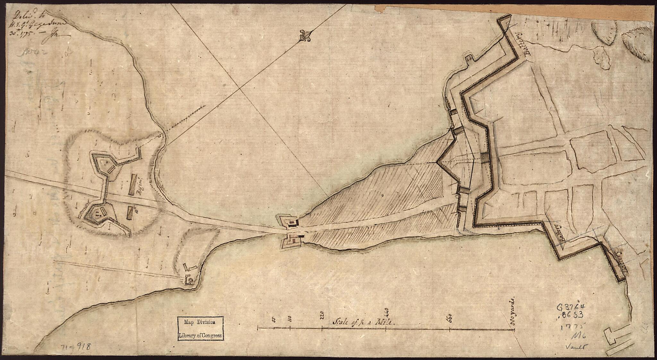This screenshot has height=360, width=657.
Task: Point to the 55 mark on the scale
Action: coord(274,320)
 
